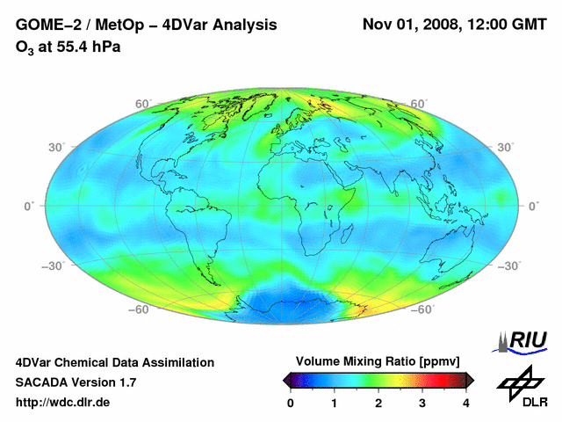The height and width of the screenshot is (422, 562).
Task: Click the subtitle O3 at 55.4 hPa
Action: point(68,47)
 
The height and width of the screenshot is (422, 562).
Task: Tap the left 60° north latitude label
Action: point(143,105)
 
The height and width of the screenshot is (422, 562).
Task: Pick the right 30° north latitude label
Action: point(506,147)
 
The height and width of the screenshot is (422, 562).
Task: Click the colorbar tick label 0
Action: point(291,403)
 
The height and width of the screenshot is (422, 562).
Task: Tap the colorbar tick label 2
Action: point(378,403)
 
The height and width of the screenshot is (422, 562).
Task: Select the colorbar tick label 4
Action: point(466,403)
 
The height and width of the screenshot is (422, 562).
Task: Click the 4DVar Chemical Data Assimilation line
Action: point(114,362)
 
